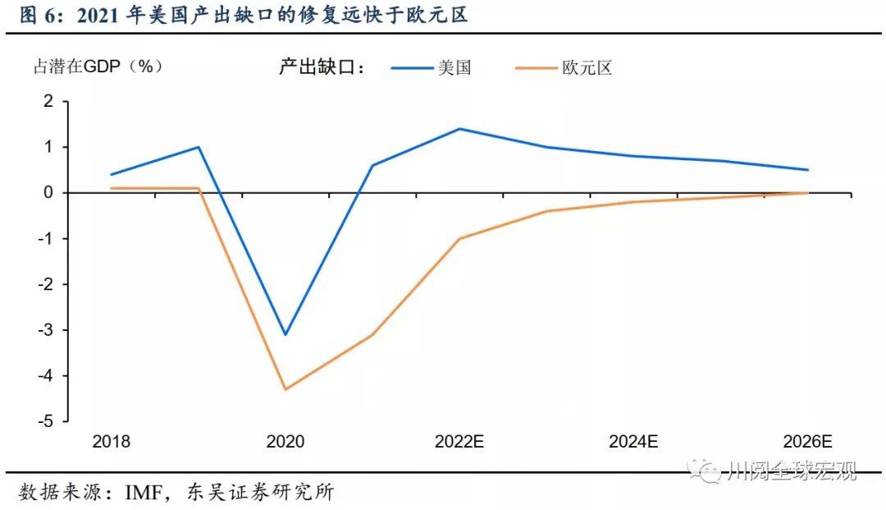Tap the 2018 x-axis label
[112, 441]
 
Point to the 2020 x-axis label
[285, 441]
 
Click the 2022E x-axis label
[459, 441]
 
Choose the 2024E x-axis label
[633, 441]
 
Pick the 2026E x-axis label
[807, 441]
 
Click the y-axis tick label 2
[48, 101]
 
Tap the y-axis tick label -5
[44, 421]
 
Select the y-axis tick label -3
[44, 330]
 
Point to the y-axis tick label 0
[48, 193]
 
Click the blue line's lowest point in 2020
[285, 334]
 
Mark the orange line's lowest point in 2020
[285, 389]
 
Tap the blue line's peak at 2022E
[459, 129]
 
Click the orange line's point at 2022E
[459, 238]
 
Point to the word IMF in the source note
[146, 493]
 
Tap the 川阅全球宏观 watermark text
[792, 471]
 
